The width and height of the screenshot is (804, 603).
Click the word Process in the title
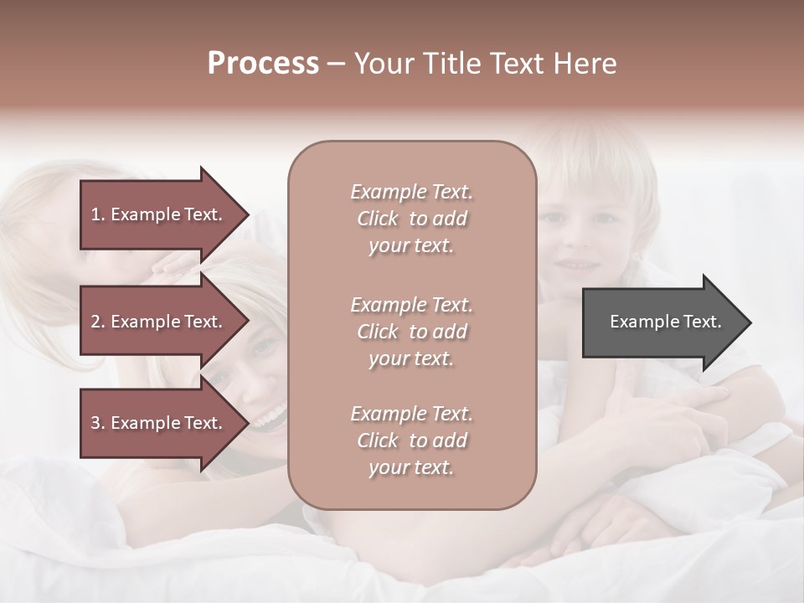[x=263, y=64]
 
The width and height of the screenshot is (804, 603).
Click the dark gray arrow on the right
[x=662, y=322]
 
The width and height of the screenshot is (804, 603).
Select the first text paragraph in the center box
[x=411, y=219]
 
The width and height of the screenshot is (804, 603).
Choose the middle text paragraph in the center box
[x=411, y=331]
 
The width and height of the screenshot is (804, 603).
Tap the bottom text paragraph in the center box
[x=411, y=441]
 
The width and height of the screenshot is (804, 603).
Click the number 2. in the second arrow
[x=98, y=322]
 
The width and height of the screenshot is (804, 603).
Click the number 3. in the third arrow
[x=98, y=423]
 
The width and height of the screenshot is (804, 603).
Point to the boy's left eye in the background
[x=605, y=219]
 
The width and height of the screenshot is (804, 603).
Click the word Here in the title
[x=585, y=64]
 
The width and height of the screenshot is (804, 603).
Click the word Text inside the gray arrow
[x=703, y=322]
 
